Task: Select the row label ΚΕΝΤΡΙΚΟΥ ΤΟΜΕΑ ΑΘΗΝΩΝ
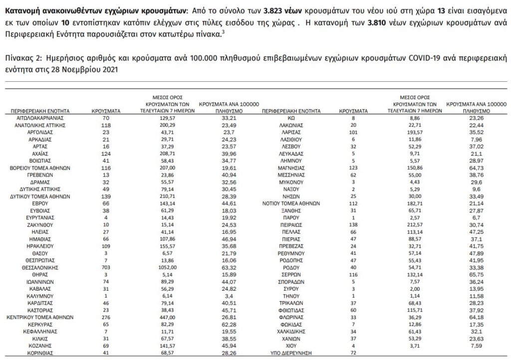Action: click(39, 316)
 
